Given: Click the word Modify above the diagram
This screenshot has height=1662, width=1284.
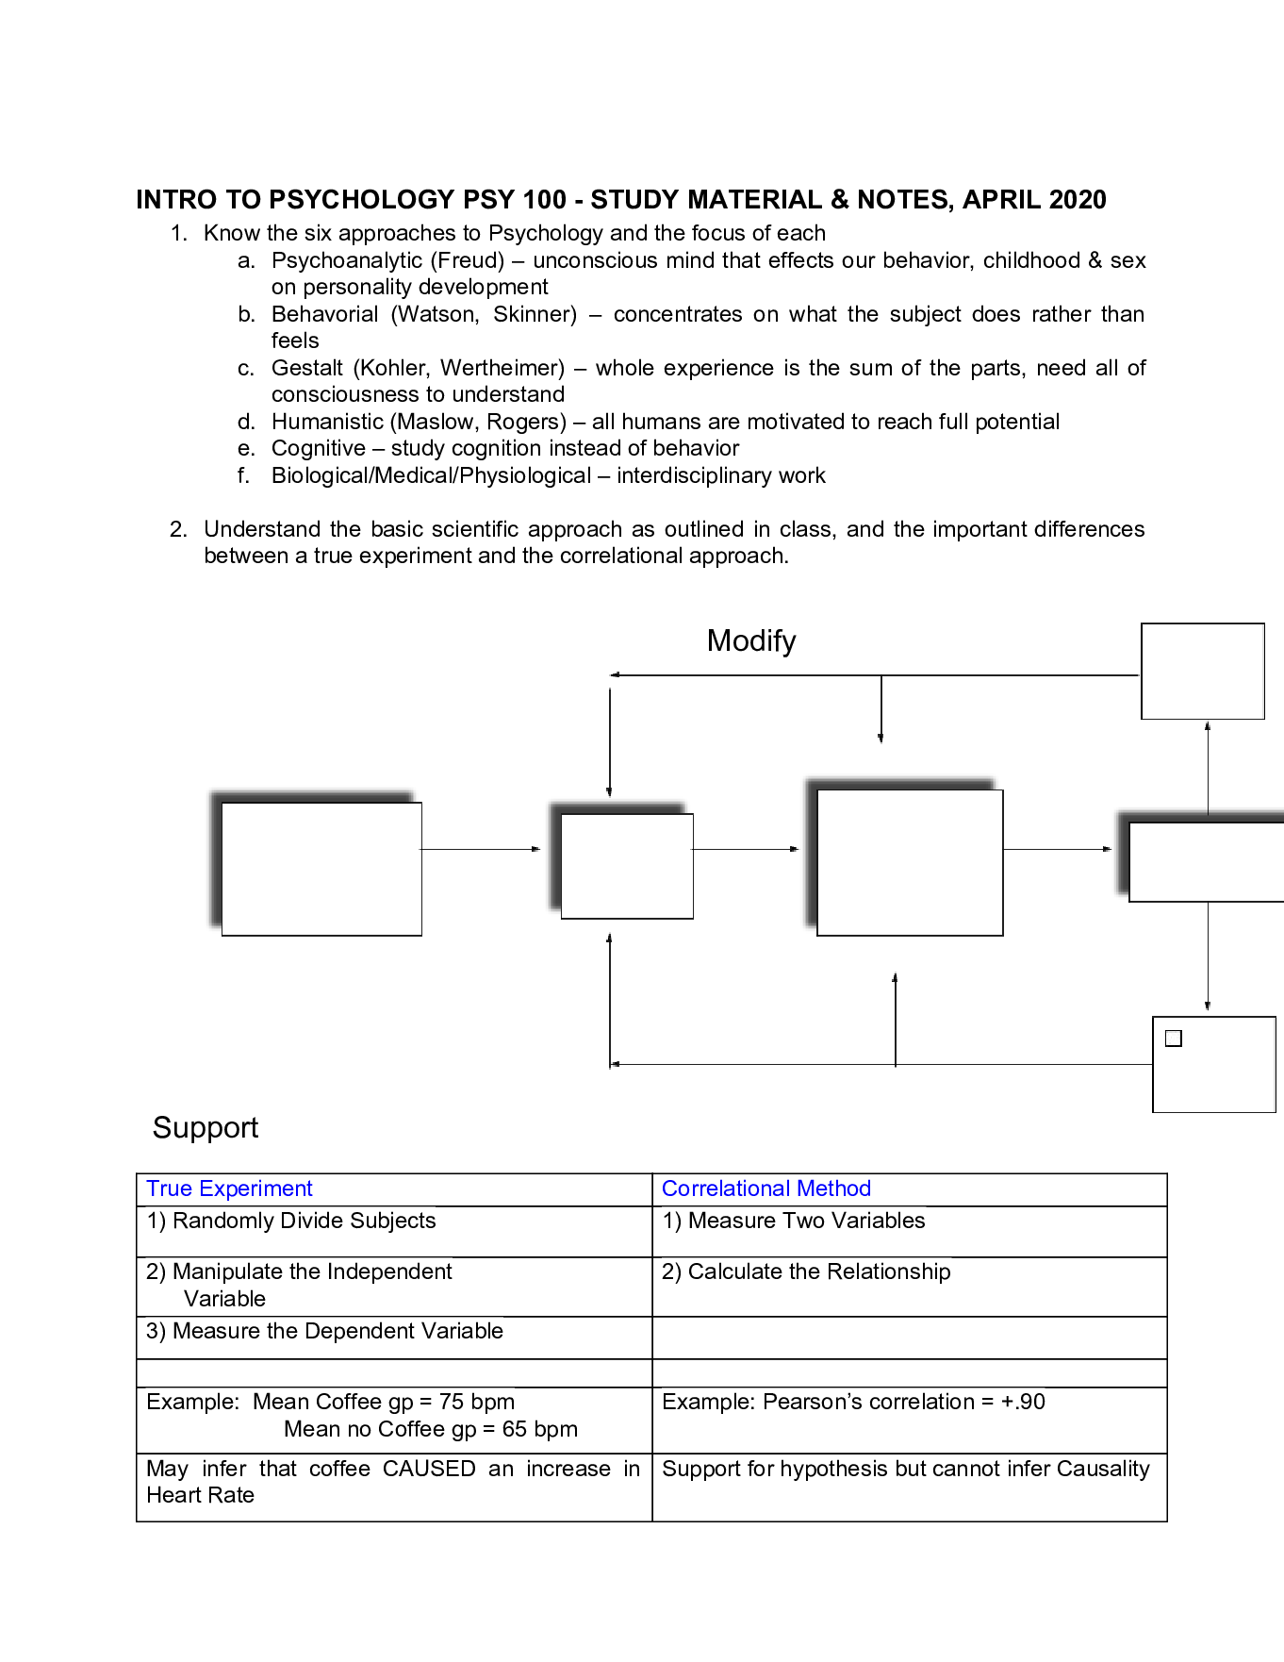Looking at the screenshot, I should pos(751,641).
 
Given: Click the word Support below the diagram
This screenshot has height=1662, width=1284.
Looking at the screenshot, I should pos(206,1128).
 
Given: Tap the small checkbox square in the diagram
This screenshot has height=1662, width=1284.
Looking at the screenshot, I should pos(1174,1039).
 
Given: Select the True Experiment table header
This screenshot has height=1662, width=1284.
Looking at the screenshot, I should pos(229,1189).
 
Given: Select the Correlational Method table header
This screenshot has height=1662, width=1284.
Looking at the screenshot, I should pos(765,1189).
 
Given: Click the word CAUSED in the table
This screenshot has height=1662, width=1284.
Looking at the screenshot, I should pos(429,1470).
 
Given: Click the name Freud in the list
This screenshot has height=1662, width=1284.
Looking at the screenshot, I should pos(471,261).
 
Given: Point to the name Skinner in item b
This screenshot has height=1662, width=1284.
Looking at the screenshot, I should pos(535,315).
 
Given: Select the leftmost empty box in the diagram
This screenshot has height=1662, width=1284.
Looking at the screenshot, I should pos(321,869).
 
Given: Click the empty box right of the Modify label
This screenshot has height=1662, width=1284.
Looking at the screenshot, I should pos(1202,671).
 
